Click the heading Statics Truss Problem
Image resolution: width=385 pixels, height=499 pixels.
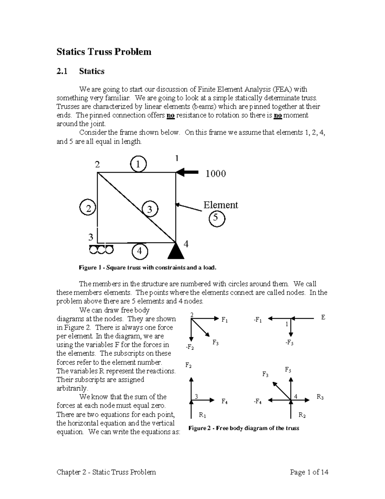104,52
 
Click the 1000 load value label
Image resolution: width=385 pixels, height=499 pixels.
216,174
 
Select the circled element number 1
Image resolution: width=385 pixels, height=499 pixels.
138,164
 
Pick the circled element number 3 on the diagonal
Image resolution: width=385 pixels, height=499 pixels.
150,209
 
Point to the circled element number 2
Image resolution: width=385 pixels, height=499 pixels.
88,208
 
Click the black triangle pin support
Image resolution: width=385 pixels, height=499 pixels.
176,252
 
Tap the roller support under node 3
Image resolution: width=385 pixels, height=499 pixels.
101,249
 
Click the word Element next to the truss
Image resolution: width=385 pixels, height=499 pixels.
221,205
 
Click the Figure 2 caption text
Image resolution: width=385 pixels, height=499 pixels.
244,428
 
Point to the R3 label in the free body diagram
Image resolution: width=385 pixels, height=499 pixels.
320,397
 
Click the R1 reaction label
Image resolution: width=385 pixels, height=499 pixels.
202,415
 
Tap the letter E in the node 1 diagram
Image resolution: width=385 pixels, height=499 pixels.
323,317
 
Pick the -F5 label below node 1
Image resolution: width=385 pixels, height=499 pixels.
289,343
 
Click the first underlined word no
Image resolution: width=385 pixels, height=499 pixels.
170,115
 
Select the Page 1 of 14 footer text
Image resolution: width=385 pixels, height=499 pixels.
309,472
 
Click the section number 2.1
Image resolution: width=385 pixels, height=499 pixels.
62,71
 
